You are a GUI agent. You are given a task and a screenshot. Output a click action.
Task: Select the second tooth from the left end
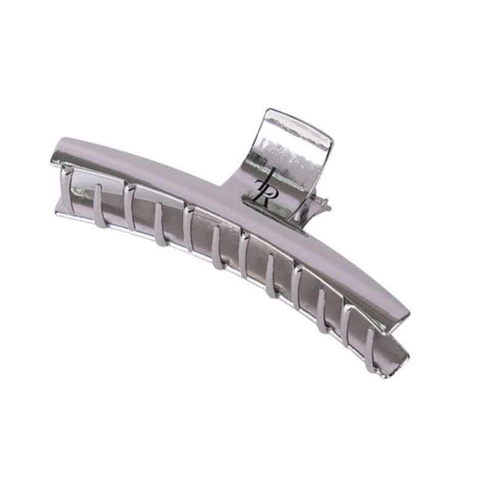[98, 206]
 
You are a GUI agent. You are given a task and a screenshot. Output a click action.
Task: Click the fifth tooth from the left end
[188, 228]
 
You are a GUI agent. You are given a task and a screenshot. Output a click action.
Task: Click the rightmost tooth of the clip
[370, 350]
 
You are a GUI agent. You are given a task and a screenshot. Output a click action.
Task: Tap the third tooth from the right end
[321, 311]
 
